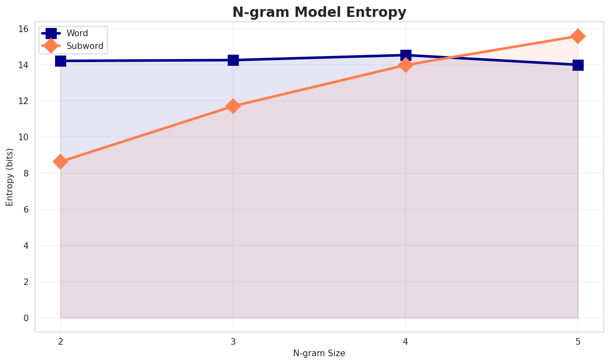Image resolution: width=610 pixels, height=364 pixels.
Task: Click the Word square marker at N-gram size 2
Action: [x=60, y=61]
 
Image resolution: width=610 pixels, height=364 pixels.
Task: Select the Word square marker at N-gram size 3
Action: [x=233, y=60]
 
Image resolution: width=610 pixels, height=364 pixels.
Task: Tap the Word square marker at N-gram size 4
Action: [x=406, y=55]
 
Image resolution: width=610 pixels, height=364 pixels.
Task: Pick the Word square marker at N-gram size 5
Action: [x=578, y=65]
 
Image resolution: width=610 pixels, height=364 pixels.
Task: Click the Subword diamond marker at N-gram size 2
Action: [x=60, y=162]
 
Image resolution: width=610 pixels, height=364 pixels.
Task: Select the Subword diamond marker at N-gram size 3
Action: [x=233, y=106]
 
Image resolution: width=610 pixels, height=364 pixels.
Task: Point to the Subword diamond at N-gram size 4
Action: [x=406, y=65]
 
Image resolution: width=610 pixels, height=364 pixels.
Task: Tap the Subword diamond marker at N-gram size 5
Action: [x=578, y=36]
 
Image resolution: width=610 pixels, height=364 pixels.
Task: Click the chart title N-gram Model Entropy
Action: [x=319, y=12]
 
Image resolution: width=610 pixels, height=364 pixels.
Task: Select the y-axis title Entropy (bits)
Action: [x=9, y=177]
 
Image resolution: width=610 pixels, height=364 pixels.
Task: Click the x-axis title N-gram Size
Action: [x=319, y=353]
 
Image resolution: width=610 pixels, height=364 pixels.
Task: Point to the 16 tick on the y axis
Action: [x=23, y=29]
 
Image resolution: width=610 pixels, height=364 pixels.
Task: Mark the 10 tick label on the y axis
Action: [x=23, y=137]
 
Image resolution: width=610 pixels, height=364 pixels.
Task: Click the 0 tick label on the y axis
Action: [x=26, y=318]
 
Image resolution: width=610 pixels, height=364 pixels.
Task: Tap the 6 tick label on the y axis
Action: [x=26, y=210]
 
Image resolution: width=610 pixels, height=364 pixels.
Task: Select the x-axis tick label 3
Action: [x=233, y=341]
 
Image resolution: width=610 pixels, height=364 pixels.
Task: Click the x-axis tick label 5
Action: [x=578, y=341]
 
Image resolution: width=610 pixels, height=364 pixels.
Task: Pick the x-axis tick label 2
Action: [x=60, y=341]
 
